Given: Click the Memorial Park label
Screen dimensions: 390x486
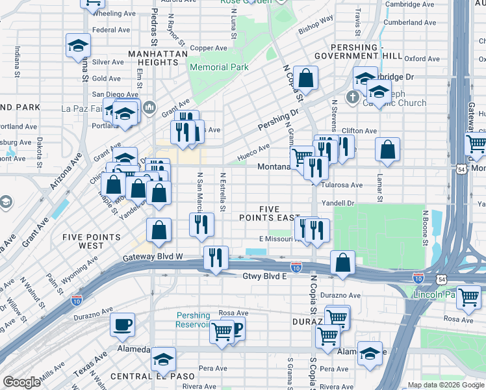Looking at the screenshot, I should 218,67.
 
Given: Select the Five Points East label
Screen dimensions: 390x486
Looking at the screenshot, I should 270,213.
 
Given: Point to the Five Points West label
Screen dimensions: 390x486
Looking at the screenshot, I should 92,241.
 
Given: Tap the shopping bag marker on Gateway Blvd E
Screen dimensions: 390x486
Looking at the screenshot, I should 342,263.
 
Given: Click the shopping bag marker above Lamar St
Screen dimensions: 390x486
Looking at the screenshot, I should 388,149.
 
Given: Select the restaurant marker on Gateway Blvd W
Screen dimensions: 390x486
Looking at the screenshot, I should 215,257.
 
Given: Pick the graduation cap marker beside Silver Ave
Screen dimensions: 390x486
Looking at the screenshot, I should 78,47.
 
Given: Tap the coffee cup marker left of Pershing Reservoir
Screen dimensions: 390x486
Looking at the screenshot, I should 122,324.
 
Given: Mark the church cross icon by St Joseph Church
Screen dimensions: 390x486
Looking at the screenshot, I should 353,98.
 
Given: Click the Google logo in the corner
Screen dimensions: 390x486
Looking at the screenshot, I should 21,382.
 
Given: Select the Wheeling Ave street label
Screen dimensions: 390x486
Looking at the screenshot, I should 114,13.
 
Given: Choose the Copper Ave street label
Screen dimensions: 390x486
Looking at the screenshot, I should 208,47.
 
